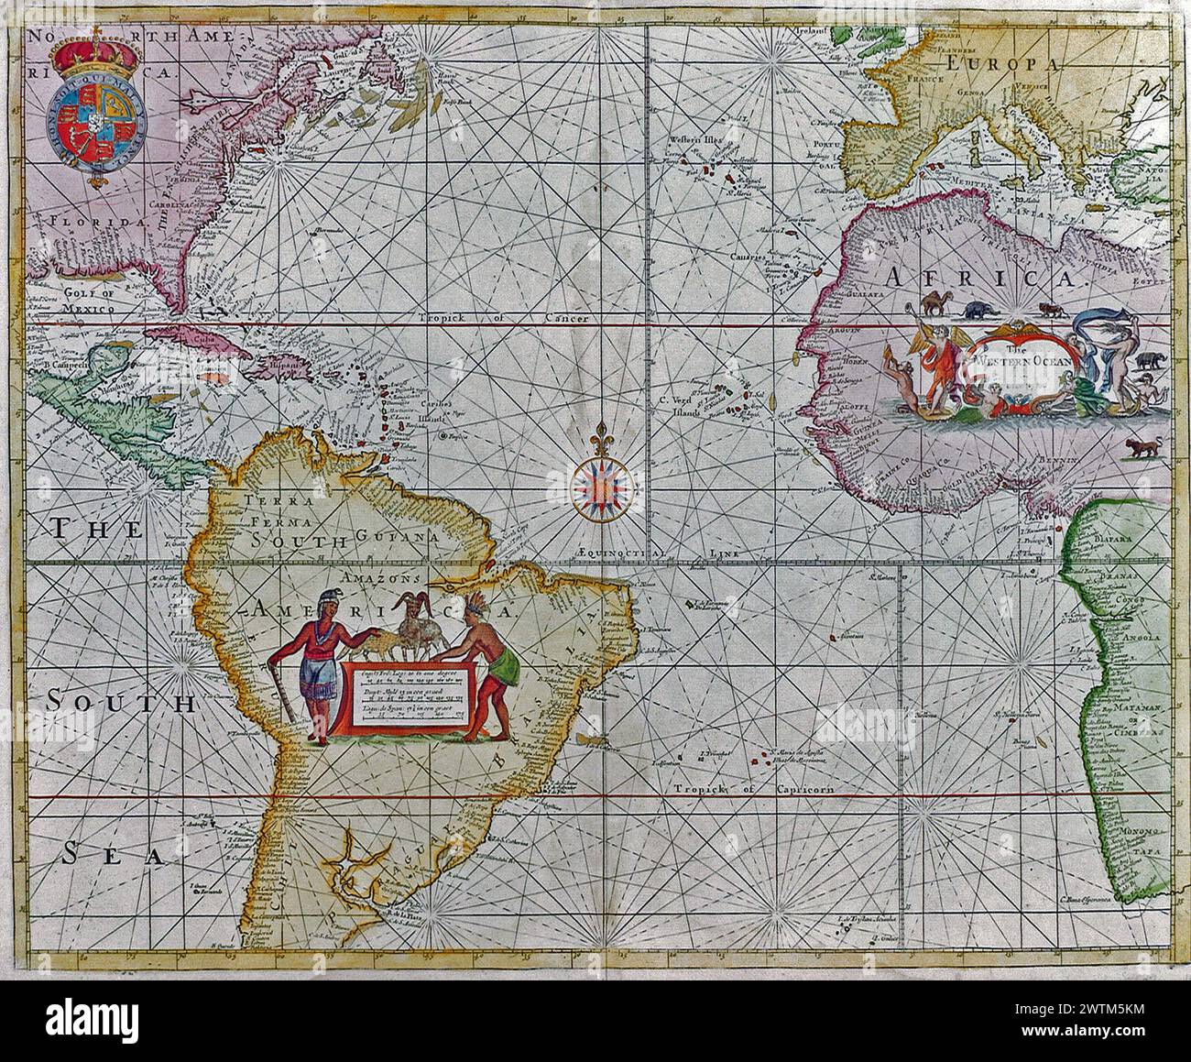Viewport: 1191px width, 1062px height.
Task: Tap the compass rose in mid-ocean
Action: point(601,483)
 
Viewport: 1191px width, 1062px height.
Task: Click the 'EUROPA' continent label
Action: point(1003,63)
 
